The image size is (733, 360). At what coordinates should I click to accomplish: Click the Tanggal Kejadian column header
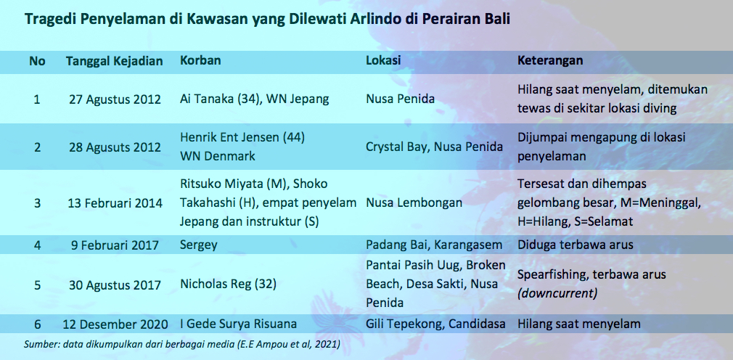[x=114, y=62]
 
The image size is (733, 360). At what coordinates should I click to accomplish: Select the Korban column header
[x=200, y=61]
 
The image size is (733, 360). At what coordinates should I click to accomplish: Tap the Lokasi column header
[x=383, y=61]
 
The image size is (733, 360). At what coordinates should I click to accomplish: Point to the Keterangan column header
[x=550, y=61]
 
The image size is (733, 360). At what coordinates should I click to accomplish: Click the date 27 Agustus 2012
[x=115, y=99]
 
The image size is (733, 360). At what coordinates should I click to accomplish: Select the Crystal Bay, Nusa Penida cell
[x=434, y=147]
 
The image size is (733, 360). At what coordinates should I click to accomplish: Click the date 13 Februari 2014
[x=115, y=203]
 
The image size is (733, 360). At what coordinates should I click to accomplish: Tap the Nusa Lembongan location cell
[x=414, y=203]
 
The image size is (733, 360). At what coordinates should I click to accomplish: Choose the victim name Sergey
[x=198, y=245]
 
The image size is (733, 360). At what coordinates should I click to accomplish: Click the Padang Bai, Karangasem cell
[x=434, y=245]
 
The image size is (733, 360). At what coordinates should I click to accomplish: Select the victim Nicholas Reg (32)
[x=228, y=285]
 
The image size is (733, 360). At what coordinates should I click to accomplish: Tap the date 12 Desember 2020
[x=115, y=324]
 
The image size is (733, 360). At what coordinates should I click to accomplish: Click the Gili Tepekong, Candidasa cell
[x=436, y=324]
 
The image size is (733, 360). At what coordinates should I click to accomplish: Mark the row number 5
[x=37, y=285]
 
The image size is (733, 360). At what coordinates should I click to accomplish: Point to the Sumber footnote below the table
[x=182, y=345]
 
